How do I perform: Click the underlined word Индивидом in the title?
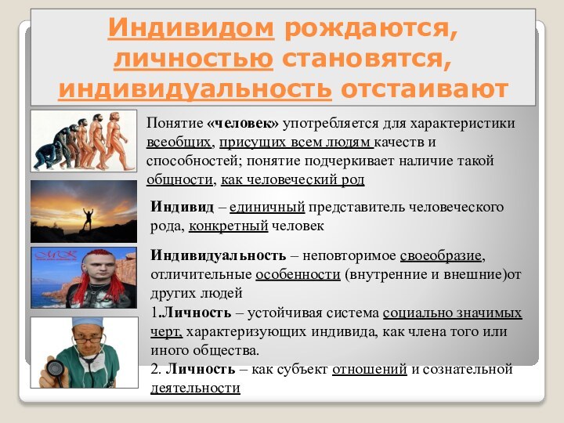click(191, 30)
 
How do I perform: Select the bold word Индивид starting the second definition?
click(182, 208)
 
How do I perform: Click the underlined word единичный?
click(266, 208)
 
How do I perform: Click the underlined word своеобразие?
click(442, 256)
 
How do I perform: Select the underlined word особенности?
click(298, 275)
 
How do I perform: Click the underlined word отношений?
click(369, 369)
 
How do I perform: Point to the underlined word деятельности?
click(195, 388)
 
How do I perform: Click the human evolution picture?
click(83, 141)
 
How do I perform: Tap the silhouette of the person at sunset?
click(92, 219)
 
